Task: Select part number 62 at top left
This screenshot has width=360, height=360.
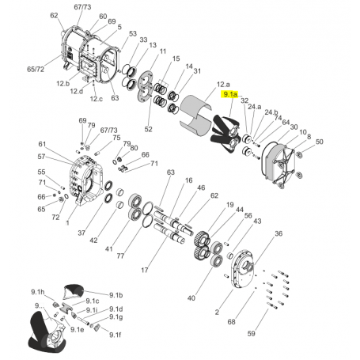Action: click(54, 15)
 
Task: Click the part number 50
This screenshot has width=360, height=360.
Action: click(320, 142)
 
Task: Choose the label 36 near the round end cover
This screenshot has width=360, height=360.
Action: click(278, 233)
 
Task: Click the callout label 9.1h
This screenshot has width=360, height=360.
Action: click(37, 291)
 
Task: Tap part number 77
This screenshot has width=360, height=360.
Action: click(120, 256)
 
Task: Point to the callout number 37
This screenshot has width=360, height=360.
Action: click(81, 233)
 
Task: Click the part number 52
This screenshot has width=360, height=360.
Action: click(147, 128)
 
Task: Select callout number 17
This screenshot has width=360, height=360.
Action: click(144, 271)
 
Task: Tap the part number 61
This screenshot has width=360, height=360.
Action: click(43, 144)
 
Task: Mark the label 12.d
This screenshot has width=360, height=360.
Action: click(76, 91)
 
